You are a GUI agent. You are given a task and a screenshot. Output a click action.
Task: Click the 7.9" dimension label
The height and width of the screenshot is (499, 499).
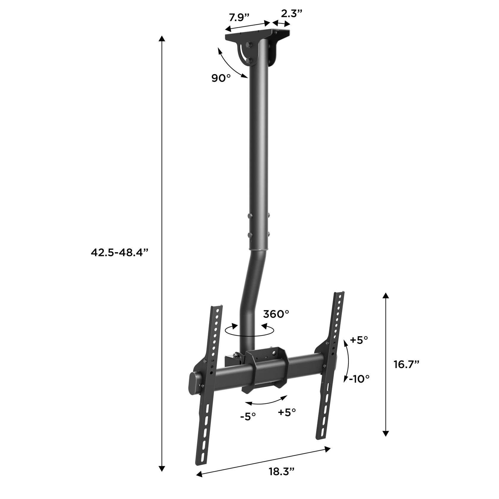coord(239,18)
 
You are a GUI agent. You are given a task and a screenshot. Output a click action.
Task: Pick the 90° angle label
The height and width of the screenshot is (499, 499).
coord(221,78)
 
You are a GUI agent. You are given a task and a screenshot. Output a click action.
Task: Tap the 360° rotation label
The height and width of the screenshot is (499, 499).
coord(276,314)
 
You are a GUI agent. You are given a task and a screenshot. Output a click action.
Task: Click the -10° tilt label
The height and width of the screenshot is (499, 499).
coord(359,379)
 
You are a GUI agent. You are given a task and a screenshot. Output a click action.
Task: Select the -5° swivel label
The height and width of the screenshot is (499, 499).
coord(248,416)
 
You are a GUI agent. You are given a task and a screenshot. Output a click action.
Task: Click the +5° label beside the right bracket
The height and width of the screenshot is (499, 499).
coord(359,340)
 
